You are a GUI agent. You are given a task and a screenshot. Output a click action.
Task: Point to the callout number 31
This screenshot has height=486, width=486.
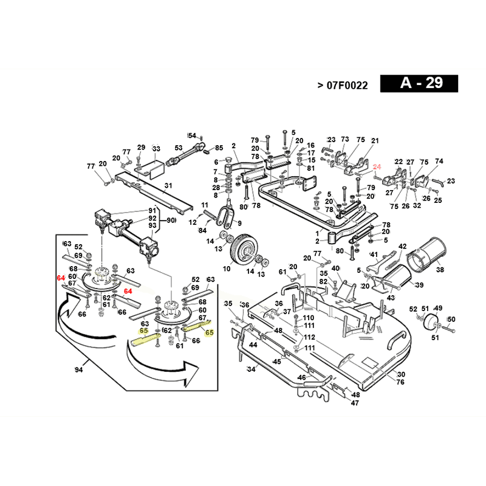click(168, 185)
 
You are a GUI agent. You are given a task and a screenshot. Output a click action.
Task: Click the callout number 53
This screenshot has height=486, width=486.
click(179, 148)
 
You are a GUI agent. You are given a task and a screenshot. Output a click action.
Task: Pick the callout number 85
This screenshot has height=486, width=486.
click(219, 148)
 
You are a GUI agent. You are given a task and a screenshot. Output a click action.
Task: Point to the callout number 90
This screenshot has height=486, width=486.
click(172, 219)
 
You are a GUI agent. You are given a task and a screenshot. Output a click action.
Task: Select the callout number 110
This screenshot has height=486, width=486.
click(309, 318)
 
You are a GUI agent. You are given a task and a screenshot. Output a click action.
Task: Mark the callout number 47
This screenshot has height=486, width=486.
click(355, 403)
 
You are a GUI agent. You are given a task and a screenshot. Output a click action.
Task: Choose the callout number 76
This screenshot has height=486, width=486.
click(400, 382)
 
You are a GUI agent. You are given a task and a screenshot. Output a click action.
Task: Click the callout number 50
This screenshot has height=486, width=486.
click(451, 319)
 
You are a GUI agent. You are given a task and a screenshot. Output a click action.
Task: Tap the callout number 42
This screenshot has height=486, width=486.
click(402, 246)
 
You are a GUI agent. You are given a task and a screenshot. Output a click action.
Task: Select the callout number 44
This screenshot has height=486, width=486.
click(253, 344)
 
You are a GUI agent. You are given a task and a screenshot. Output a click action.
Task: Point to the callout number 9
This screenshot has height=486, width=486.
click(239, 224)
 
